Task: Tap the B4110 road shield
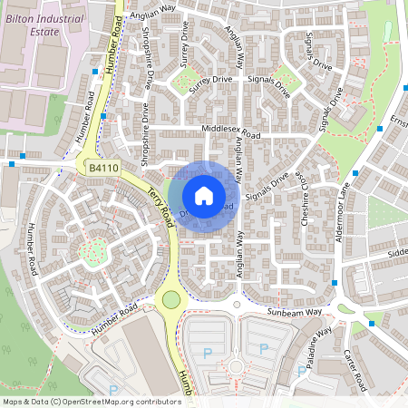tap(103, 168)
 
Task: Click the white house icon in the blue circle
tap(204, 195)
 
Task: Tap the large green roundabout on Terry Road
tap(170, 298)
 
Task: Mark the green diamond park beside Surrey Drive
tap(187, 83)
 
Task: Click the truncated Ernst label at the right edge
tap(398, 121)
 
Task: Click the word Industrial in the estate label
tap(46, 17)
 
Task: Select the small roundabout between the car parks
tap(237, 367)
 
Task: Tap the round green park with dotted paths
tap(92, 248)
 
